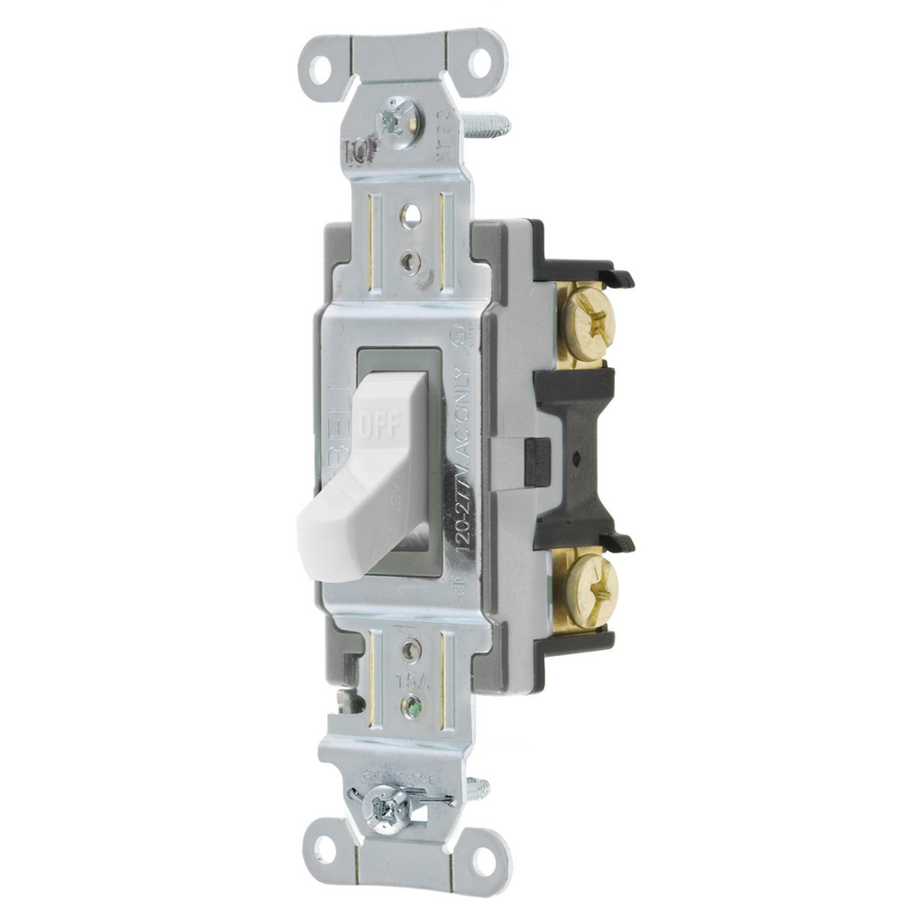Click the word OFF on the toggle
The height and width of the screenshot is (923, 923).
click(x=380, y=424)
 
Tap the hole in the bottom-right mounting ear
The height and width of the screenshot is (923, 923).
click(x=484, y=857)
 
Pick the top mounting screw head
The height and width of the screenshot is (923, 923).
click(x=397, y=118)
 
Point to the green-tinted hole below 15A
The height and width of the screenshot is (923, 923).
click(x=412, y=703)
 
